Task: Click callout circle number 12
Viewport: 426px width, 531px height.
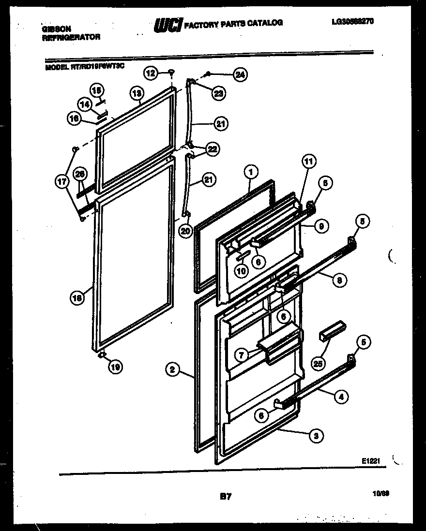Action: click(151, 74)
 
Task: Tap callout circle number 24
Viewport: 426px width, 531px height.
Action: click(240, 74)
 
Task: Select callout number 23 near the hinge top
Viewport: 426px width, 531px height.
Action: click(219, 94)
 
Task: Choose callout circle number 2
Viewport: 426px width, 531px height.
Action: click(171, 371)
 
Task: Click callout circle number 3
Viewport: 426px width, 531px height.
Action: click(316, 436)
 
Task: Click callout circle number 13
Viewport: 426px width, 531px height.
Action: click(137, 93)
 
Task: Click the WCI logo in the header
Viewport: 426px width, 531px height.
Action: click(168, 25)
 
